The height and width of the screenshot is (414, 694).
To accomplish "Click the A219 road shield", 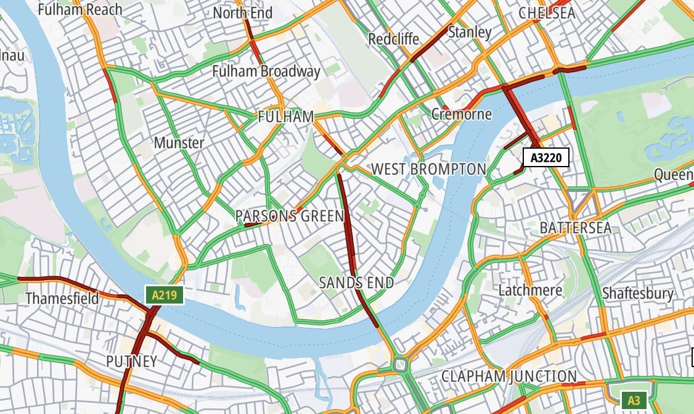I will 165,295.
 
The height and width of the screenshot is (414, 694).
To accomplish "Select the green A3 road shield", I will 634,400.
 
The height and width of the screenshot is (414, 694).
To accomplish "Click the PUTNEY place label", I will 131,361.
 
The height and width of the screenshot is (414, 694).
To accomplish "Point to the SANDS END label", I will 356,283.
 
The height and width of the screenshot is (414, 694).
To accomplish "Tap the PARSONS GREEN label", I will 290,216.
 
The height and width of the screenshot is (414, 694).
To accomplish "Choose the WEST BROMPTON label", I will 428,168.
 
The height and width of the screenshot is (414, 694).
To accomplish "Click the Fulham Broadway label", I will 266,72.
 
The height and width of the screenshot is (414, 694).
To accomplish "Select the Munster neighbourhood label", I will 179,143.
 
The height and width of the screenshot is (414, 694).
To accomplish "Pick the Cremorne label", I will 462,114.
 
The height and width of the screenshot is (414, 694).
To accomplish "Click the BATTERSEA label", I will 576,228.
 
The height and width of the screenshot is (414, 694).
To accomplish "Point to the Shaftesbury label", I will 637,293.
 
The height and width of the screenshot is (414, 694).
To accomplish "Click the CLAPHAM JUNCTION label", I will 509,376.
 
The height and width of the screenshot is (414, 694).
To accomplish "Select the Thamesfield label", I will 62,299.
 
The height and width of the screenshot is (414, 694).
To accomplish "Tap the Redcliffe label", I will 393,39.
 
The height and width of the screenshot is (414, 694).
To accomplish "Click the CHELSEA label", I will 547,13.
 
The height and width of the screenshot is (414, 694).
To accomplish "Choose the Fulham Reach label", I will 80,9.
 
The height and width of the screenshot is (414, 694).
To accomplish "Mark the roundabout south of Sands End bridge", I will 402,365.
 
